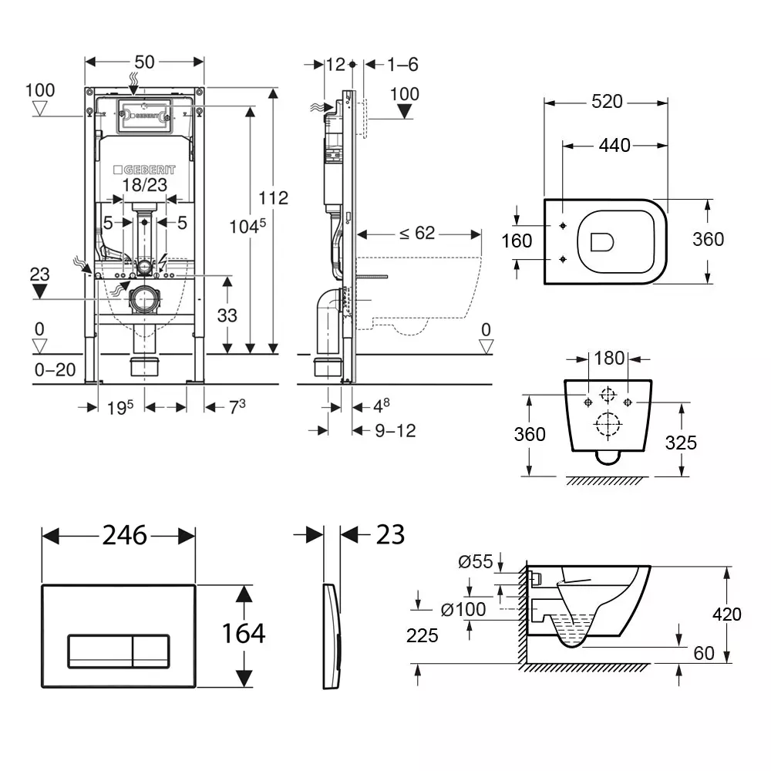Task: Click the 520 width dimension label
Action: coord(607,101)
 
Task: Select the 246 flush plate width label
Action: coord(125,534)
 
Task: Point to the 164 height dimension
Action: coord(244,634)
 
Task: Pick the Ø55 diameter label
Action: coord(475,562)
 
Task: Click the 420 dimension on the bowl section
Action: coord(727,614)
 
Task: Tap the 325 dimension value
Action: coord(681,442)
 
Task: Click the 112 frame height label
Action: coord(273,198)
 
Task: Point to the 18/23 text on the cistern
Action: coord(145,185)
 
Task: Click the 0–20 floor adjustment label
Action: coord(56,370)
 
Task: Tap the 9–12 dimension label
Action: coord(396,431)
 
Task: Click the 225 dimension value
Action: coord(423,635)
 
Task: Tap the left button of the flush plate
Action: coord(100,651)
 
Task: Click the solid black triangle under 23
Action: coord(40,291)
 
